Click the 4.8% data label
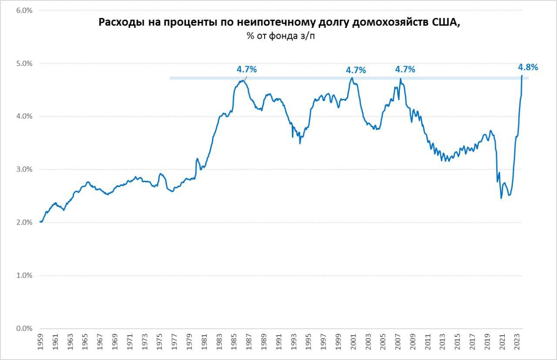(x=528, y=67)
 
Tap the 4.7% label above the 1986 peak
(x=247, y=69)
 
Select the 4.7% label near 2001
(x=356, y=70)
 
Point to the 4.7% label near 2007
(x=405, y=69)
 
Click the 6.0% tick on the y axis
(x=24, y=10)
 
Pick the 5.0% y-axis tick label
(x=24, y=64)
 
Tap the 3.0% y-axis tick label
(x=24, y=169)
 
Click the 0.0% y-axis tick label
(x=24, y=329)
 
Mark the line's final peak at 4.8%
(x=522, y=76)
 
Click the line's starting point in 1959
(x=40, y=222)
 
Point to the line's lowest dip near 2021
(x=501, y=198)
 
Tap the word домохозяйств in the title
(x=386, y=23)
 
